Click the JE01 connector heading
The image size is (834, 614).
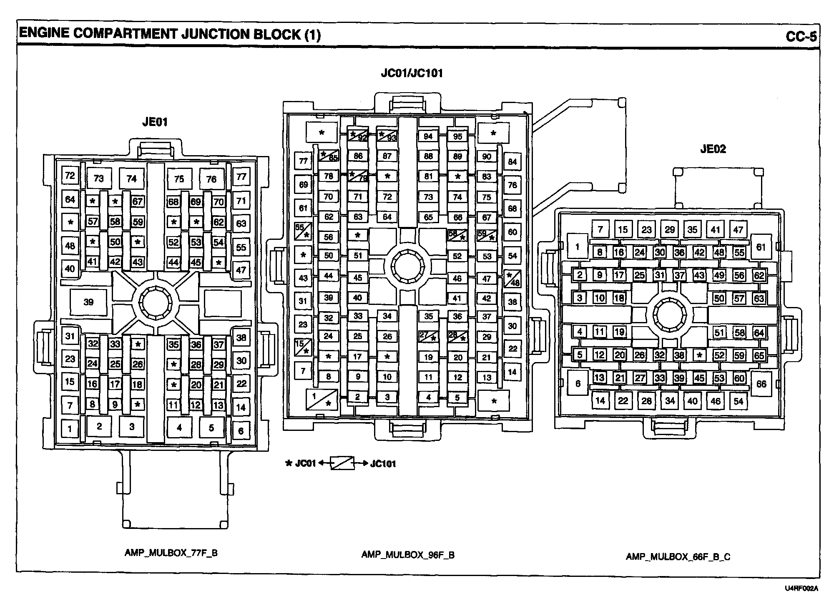pyautogui.click(x=155, y=122)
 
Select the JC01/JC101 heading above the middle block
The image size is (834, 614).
pyautogui.click(x=412, y=73)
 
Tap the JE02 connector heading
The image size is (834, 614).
pyautogui.click(x=713, y=149)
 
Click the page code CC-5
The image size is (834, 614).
pyautogui.click(x=801, y=37)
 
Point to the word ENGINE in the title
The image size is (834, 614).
pyautogui.click(x=44, y=34)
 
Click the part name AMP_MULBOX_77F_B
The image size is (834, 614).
pyautogui.click(x=171, y=553)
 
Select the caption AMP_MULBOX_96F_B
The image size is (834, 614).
pyautogui.click(x=408, y=555)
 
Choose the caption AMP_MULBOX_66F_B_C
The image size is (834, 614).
pyautogui.click(x=678, y=556)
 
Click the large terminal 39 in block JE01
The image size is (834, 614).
pyautogui.click(x=88, y=302)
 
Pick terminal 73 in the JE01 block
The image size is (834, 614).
pyautogui.click(x=98, y=179)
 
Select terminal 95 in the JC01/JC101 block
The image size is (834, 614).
pyautogui.click(x=457, y=136)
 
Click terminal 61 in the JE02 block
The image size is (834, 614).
pyautogui.click(x=761, y=247)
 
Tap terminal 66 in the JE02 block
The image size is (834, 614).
pyautogui.click(x=761, y=384)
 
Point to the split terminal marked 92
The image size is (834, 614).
pyautogui.click(x=358, y=136)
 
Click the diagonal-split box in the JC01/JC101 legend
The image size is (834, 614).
pyautogui.click(x=342, y=463)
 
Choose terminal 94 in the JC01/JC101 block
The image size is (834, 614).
pyautogui.click(x=428, y=136)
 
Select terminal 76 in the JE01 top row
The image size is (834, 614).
pyautogui.click(x=211, y=179)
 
